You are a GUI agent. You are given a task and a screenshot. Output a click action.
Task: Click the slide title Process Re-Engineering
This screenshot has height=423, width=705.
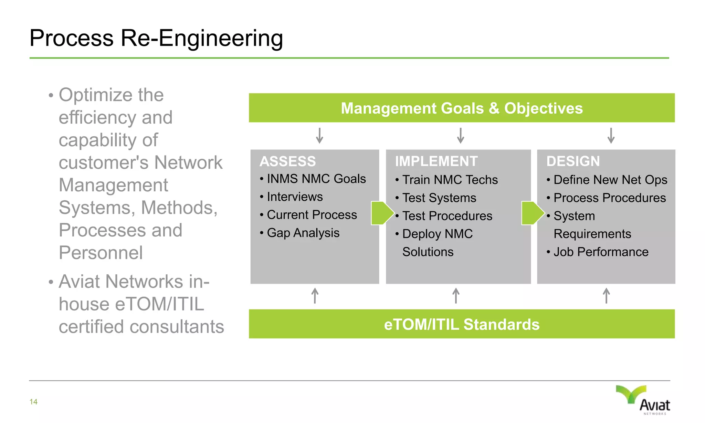[156, 38]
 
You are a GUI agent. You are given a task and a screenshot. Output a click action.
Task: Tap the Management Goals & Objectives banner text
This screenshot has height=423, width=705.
[462, 108]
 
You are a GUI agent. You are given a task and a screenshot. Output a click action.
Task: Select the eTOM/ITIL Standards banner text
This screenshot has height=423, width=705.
[462, 325]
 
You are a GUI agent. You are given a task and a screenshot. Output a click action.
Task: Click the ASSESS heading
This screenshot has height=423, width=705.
[288, 161]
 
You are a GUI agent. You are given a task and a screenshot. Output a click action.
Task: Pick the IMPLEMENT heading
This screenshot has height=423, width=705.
[436, 161]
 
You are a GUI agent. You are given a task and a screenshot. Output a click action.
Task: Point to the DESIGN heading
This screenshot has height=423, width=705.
[573, 161]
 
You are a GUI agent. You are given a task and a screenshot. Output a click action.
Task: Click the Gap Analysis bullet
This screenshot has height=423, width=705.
[303, 233]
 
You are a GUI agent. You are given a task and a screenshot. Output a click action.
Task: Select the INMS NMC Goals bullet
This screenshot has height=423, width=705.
[316, 179]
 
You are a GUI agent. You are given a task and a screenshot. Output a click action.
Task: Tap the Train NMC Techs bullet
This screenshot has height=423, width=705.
[450, 180]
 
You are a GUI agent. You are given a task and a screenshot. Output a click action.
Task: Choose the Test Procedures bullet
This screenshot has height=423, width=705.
[447, 216]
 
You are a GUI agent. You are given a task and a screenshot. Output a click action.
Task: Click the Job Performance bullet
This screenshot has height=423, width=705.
[601, 252]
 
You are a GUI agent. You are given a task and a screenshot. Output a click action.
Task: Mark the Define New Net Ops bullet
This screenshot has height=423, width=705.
[610, 180]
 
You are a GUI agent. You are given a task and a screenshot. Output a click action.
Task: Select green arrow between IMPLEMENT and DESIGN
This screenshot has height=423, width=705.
[533, 213]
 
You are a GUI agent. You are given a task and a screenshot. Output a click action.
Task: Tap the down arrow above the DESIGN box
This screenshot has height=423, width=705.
[611, 136]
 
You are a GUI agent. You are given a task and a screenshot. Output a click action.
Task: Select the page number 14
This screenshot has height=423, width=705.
[33, 402]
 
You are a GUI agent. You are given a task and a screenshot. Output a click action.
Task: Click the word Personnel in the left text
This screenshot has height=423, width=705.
[101, 253]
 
